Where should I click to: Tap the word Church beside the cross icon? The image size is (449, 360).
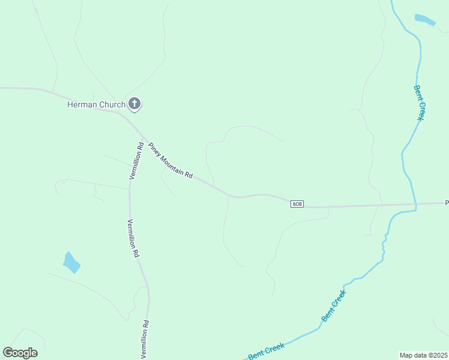(x=110, y=105)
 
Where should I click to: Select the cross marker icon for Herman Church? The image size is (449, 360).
(x=134, y=104)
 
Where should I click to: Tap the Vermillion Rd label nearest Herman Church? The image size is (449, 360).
(x=136, y=160)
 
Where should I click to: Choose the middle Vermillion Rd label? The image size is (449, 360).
(x=132, y=238)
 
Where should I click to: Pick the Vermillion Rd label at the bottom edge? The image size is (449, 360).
(x=145, y=339)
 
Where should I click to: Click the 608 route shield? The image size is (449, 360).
(x=297, y=204)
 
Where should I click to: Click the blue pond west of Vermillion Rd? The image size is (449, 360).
(x=71, y=262)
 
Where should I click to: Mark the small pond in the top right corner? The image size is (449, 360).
(x=425, y=20)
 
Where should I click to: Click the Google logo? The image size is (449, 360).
(x=20, y=352)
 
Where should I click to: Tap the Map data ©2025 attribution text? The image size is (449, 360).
(x=423, y=355)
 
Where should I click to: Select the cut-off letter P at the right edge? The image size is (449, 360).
(x=447, y=203)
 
